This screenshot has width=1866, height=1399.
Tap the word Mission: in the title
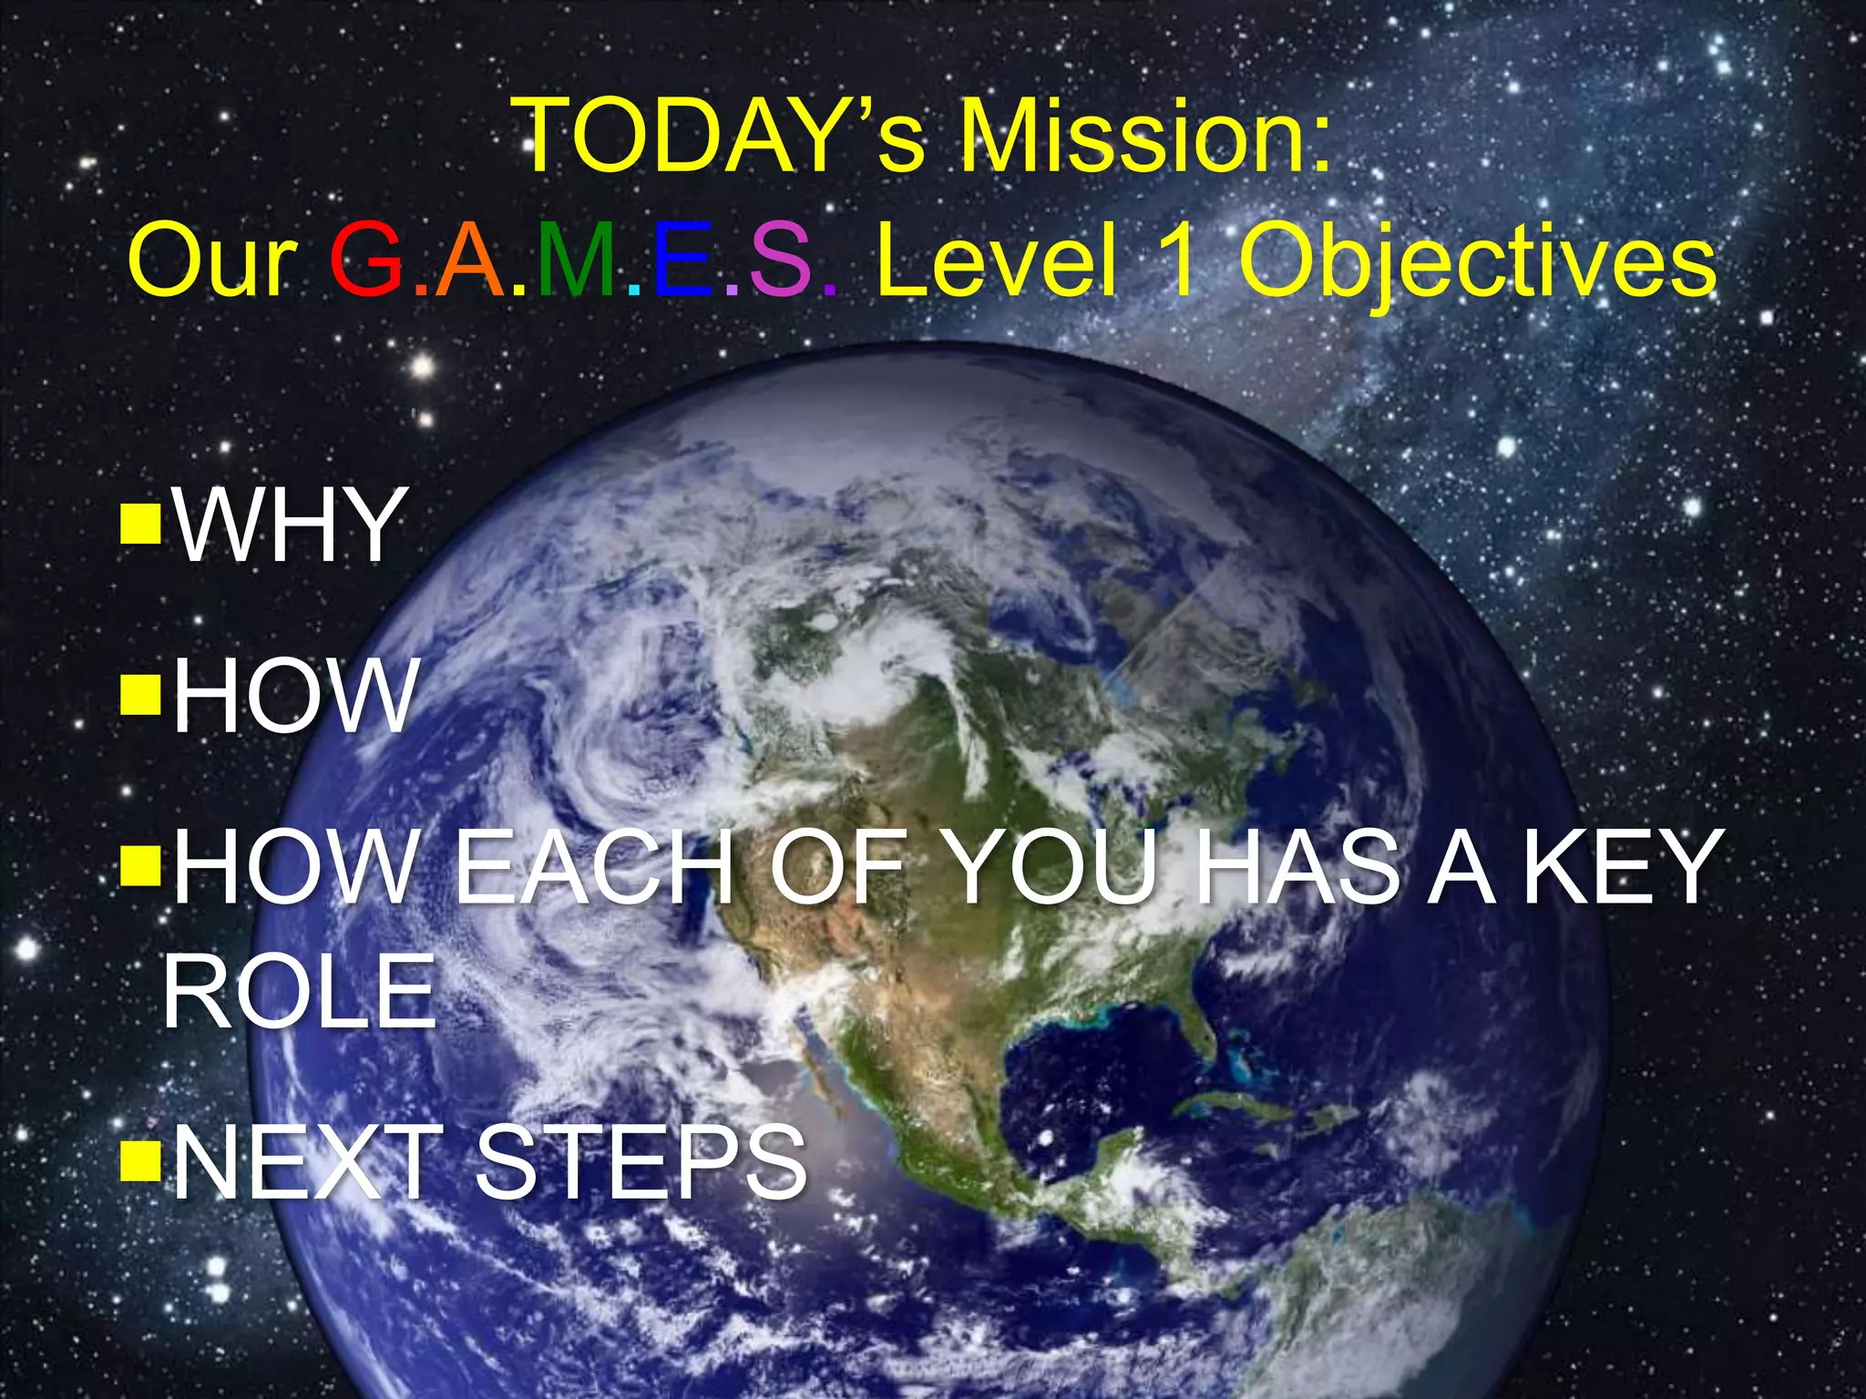coord(1144,137)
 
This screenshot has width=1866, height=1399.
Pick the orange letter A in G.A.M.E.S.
coord(470,262)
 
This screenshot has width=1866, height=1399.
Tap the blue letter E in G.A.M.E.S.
coord(682,262)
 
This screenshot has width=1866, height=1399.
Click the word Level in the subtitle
coord(997,262)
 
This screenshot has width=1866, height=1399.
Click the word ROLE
coord(300,992)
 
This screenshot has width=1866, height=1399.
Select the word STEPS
coord(641,1161)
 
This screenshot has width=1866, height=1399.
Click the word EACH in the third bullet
coord(594,866)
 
